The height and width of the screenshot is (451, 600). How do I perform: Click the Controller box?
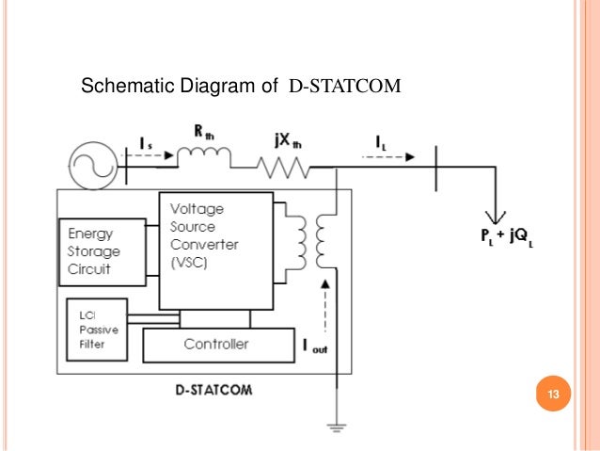[x=216, y=345]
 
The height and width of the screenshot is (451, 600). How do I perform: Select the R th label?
[x=205, y=133]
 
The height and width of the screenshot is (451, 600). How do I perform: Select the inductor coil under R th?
[x=205, y=156]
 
